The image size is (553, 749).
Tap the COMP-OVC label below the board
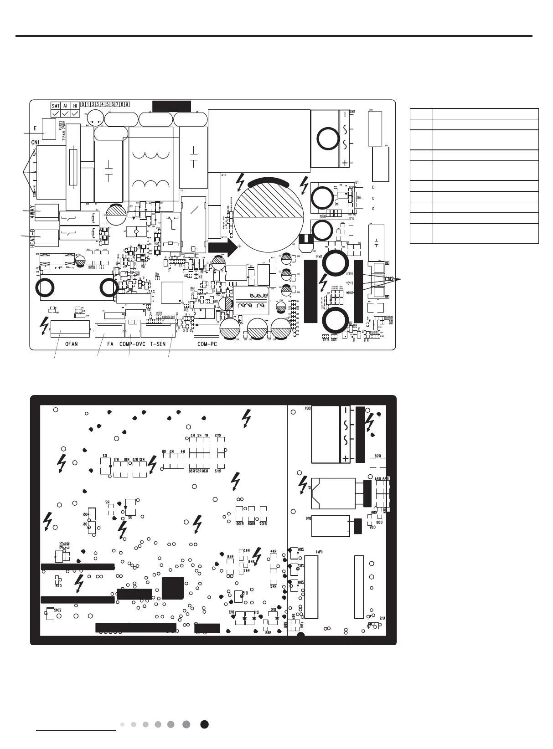tap(129, 344)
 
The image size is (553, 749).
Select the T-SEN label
tap(158, 344)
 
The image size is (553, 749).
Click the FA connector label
tap(110, 344)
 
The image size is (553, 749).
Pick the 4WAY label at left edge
tap(32, 212)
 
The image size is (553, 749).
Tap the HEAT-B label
tap(32, 237)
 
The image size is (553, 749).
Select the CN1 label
tap(36, 143)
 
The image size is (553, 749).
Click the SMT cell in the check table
tap(56, 106)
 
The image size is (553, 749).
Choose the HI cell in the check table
tap(75, 106)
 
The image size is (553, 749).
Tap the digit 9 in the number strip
tap(127, 104)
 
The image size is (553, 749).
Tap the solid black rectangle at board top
tap(171, 106)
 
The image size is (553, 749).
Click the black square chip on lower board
tap(173, 588)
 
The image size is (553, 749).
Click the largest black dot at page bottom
tap(205, 724)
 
